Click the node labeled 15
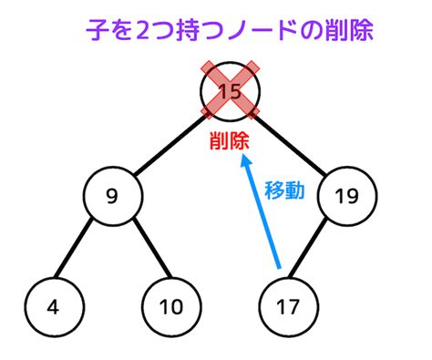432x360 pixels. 230,91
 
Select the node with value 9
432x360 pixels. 113,196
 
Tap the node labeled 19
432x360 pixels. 347,196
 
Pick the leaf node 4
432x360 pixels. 54,307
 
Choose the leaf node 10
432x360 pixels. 171,307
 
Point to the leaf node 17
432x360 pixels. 289,307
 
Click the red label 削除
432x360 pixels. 230,141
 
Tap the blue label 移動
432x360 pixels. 284,190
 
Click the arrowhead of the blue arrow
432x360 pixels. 244,159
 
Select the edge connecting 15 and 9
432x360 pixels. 171,144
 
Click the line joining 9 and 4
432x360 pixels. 73,248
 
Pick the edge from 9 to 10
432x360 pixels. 153,248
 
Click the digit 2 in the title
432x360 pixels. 142,31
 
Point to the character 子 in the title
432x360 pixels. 97,30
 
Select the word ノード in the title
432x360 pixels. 261,30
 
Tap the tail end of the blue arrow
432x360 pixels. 279,268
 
